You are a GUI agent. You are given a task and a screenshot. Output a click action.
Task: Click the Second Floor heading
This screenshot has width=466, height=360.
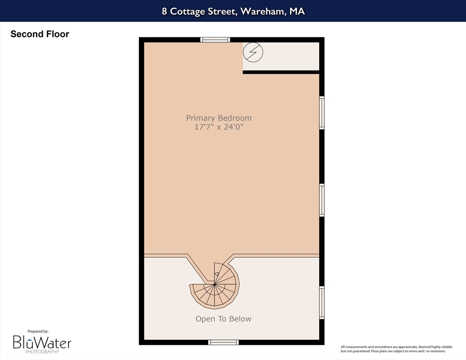[x=40, y=34]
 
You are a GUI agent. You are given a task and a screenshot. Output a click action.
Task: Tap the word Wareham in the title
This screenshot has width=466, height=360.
[x=263, y=11]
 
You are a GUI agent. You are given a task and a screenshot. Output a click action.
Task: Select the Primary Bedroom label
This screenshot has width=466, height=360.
[x=219, y=118]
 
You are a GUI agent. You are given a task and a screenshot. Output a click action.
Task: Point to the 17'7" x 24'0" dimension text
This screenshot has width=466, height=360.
[x=219, y=127]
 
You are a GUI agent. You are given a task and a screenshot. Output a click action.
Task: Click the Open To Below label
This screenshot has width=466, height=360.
[x=224, y=319]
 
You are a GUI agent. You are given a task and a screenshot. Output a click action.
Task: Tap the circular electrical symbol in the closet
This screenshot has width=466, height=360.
[x=253, y=52]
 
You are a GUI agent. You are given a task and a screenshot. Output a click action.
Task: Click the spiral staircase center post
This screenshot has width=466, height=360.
[x=214, y=285]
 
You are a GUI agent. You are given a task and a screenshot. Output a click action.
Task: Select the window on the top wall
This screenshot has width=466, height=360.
[x=215, y=40]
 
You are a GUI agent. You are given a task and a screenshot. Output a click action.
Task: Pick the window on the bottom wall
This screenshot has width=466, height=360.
[x=223, y=343]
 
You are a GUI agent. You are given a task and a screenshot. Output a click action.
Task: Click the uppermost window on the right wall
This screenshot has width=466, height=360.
[x=322, y=112]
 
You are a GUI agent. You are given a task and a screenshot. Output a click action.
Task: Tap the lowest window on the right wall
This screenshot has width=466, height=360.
[x=322, y=303]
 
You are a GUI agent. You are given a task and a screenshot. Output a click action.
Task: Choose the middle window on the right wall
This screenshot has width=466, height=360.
[x=322, y=200]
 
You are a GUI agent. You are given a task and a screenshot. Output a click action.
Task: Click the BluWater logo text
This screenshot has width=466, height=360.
[x=42, y=342]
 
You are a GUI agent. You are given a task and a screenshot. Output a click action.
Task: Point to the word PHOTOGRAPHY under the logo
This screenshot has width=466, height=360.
[x=42, y=352]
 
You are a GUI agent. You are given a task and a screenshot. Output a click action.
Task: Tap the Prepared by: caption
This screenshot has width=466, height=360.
[x=38, y=331]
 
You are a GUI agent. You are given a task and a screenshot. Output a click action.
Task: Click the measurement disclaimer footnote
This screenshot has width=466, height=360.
[x=397, y=349]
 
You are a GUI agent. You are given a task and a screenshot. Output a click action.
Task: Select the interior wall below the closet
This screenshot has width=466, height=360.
[x=281, y=72]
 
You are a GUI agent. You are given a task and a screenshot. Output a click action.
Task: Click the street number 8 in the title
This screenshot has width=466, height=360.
[x=165, y=11]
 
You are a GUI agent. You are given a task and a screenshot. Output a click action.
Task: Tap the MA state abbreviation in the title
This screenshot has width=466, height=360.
[x=297, y=11]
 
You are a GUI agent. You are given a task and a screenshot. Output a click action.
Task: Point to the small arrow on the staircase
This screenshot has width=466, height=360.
[x=217, y=274]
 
